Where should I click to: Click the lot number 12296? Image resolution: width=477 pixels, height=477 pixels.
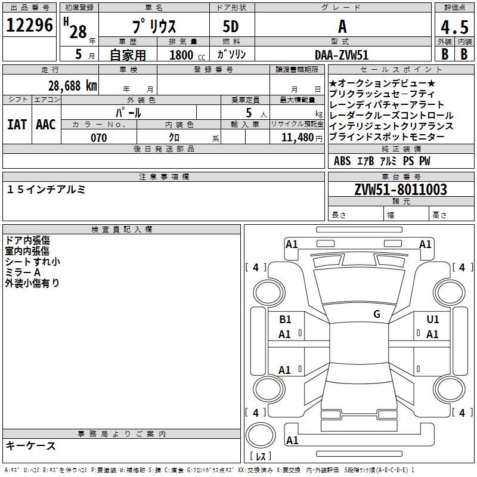[29, 26]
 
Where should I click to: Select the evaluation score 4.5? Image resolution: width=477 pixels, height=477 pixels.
[454, 28]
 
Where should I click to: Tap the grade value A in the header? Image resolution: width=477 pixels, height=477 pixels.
[342, 27]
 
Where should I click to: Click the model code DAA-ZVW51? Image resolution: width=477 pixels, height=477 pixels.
[342, 54]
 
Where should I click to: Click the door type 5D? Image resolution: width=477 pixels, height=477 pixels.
[231, 27]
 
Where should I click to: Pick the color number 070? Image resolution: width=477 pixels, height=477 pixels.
[99, 138]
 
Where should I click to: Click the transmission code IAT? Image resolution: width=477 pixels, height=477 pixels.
[17, 125]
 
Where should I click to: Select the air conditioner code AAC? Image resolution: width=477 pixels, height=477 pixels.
[46, 125]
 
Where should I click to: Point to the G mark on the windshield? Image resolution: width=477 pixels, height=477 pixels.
[376, 314]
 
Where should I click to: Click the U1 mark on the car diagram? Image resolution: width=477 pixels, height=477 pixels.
[432, 320]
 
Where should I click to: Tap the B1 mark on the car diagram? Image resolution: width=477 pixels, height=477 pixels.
[285, 320]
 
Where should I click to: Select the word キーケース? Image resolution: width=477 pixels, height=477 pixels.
[31, 446]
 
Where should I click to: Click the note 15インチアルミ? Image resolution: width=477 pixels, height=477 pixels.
[47, 190]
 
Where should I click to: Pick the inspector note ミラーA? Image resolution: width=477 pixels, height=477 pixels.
[23, 272]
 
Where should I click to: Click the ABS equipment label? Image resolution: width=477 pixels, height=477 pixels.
[342, 161]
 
